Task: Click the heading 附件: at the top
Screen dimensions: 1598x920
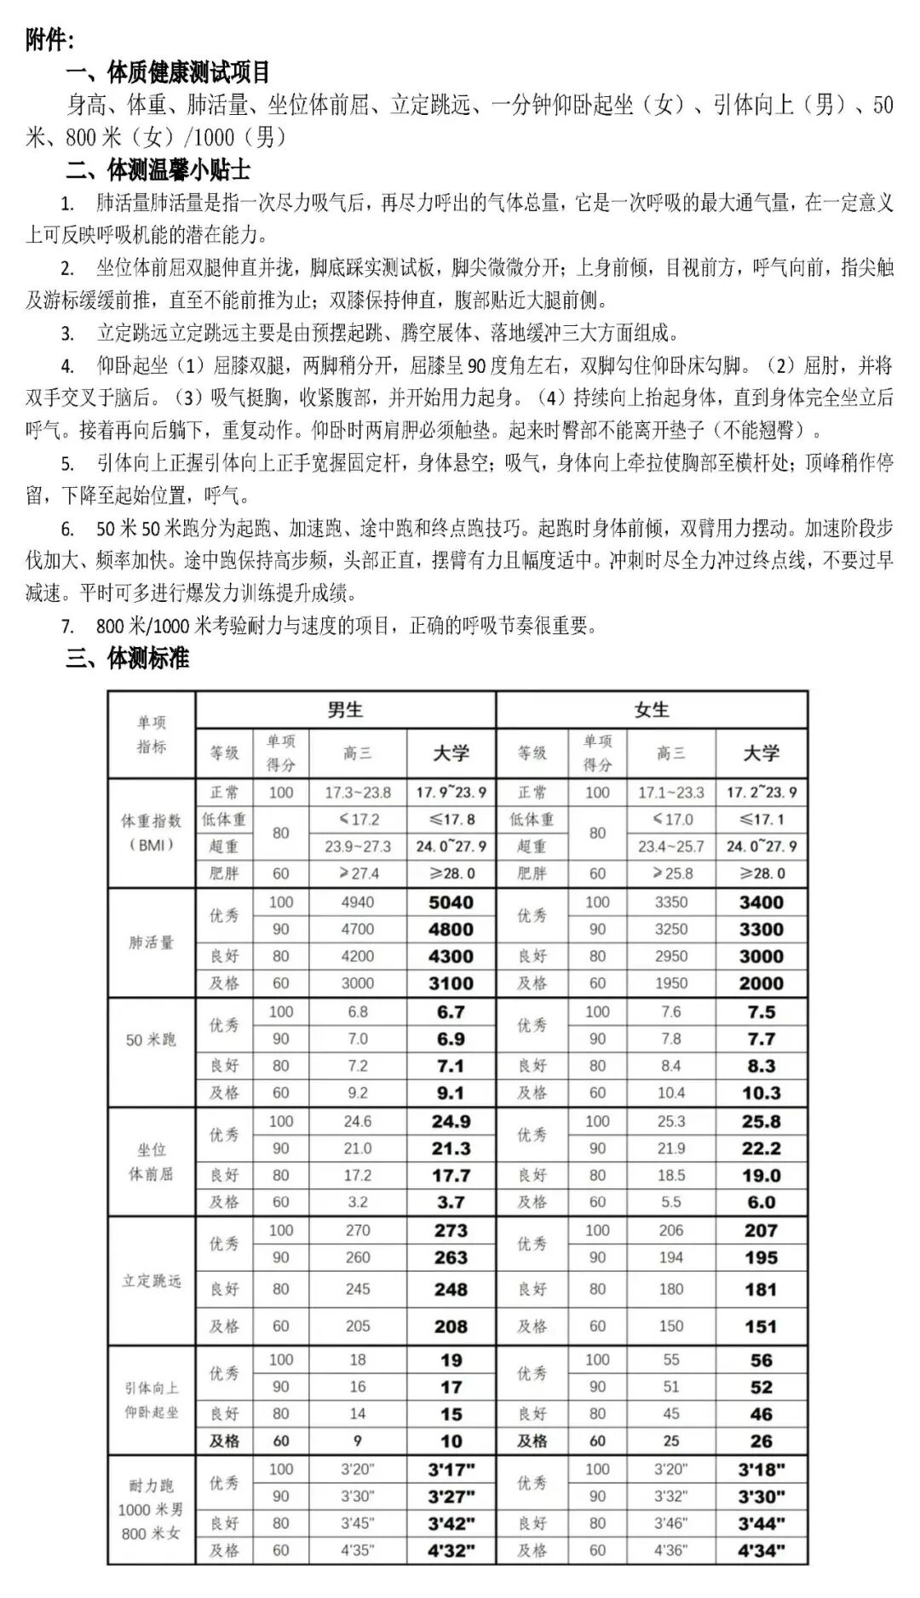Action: click(x=49, y=39)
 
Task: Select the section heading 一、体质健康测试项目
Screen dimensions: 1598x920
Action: click(x=167, y=72)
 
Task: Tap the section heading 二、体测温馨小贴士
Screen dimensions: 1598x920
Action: click(x=158, y=170)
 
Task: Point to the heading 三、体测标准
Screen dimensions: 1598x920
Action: click(x=127, y=658)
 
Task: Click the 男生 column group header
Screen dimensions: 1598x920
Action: click(x=345, y=710)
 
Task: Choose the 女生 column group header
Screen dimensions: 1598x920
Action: click(x=652, y=710)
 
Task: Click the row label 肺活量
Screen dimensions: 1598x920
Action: click(x=151, y=942)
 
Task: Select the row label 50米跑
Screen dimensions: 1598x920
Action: click(x=151, y=1040)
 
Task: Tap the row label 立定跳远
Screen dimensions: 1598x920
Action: click(x=151, y=1280)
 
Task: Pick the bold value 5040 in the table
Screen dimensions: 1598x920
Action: click(x=451, y=902)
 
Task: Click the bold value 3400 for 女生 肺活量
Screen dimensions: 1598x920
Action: click(x=761, y=902)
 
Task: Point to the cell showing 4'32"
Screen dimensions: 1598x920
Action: click(x=451, y=1550)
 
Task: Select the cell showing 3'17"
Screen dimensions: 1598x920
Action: click(x=451, y=1469)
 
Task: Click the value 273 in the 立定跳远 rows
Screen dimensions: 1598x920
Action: click(x=451, y=1230)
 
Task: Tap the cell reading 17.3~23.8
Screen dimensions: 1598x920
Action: click(x=358, y=793)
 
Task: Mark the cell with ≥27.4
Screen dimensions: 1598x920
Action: click(x=358, y=873)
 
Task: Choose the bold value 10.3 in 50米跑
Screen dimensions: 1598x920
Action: click(x=761, y=1093)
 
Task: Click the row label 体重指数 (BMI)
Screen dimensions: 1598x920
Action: click(x=151, y=833)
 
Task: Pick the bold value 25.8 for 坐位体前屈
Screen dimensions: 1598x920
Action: click(x=761, y=1122)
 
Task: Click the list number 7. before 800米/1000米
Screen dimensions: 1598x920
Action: click(x=67, y=627)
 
